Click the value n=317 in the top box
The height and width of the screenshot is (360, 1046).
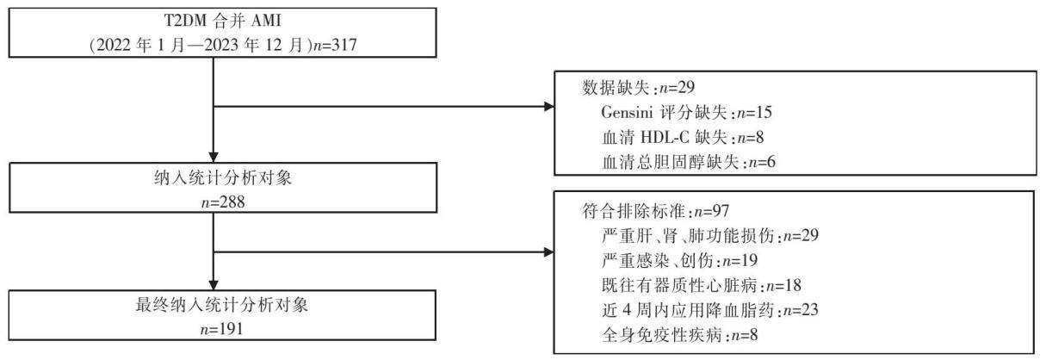pyautogui.click(x=334, y=46)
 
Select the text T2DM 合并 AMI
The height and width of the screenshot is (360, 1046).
pyautogui.click(x=223, y=21)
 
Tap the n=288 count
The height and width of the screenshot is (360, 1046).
pyautogui.click(x=223, y=202)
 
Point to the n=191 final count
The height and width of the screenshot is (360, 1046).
pyautogui.click(x=222, y=329)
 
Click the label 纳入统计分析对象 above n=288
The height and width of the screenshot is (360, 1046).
pyautogui.click(x=223, y=178)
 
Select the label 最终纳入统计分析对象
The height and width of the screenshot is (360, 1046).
pyautogui.click(x=222, y=305)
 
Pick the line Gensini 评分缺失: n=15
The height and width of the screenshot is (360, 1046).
pyautogui.click(x=686, y=112)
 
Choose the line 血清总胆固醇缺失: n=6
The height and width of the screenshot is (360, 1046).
pyautogui.click(x=689, y=162)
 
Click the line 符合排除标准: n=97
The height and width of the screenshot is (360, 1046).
pyautogui.click(x=656, y=211)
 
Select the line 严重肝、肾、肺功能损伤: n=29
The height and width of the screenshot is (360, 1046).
pyautogui.click(x=709, y=235)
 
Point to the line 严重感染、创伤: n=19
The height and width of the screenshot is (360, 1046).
pyautogui.click(x=679, y=261)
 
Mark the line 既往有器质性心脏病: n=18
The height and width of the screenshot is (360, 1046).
pyautogui.click(x=702, y=285)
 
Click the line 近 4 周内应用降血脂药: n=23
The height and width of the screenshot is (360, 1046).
pyautogui.click(x=709, y=310)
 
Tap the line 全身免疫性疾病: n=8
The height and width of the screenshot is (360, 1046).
pyautogui.click(x=679, y=335)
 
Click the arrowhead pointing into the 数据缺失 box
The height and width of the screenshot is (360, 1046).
pyautogui.click(x=549, y=107)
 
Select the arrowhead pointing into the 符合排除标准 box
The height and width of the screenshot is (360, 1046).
pyautogui.click(x=549, y=252)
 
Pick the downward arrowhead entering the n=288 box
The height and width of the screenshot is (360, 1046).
pyautogui.click(x=214, y=158)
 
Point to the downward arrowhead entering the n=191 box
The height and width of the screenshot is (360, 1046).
pyautogui.click(x=214, y=285)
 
